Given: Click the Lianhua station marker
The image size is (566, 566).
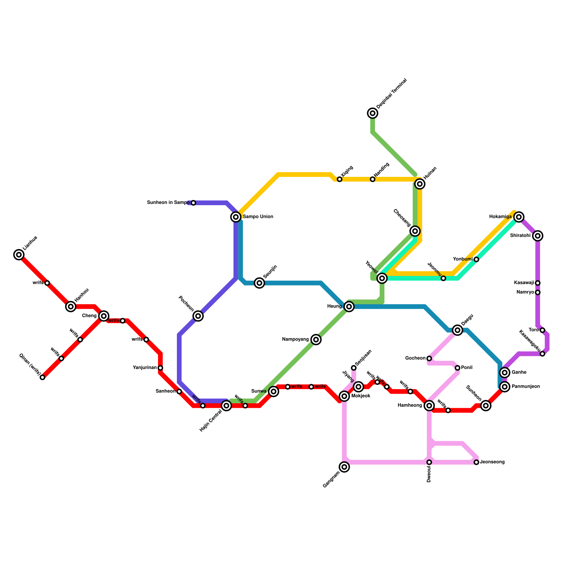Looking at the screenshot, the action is pos(19,254).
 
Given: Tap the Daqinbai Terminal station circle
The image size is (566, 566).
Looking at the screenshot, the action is pos(372,113).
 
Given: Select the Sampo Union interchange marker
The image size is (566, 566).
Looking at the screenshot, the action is pos(236,217).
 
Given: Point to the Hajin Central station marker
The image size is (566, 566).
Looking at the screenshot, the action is pos(227,406).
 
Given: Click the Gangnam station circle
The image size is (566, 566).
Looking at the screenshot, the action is pos(345,467).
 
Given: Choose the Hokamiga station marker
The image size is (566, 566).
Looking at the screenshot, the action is pos(519,217).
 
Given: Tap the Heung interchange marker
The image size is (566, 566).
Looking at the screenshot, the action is pos(349,307).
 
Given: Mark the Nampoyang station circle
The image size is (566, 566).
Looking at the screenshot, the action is pos(316,340).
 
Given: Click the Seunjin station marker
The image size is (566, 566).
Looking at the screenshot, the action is pos(260,283).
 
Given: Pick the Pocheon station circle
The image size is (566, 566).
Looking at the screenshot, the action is pos(198,316).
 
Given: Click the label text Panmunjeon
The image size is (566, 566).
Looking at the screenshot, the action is pos(526,387).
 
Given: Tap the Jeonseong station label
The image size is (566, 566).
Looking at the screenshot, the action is pos(492,462).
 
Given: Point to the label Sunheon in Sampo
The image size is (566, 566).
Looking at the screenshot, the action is pos(168,203).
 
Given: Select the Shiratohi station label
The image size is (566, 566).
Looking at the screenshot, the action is pos(520,236).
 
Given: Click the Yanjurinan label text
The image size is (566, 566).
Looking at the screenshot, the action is pos(145,368).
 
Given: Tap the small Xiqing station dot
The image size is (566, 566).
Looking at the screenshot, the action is pos(340,179).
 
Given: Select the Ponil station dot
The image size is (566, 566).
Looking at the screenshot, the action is pos(457,368).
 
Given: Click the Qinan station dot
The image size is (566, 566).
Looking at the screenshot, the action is pos(42,377).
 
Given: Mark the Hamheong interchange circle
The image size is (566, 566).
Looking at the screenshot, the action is pos(429,406).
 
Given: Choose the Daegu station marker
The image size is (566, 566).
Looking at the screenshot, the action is pos(457,330).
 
